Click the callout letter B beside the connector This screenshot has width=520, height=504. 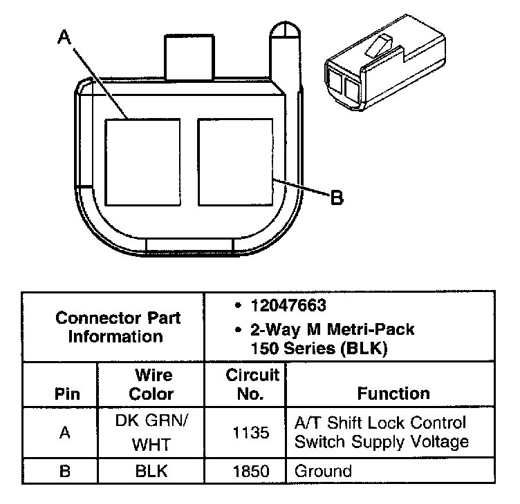point(337,198)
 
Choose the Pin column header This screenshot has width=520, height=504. point(68,394)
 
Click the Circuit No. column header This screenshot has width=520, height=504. point(252,385)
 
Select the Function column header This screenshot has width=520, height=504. point(393,394)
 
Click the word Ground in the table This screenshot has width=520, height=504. point(323,472)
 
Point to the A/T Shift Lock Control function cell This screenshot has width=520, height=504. point(381,432)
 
